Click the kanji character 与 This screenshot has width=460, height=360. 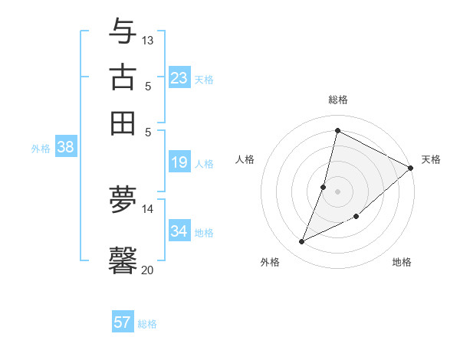pos(123,31)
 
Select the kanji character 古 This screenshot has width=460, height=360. pos(123,77)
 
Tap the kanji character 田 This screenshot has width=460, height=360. pos(123,123)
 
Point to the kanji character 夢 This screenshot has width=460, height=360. pos(123,200)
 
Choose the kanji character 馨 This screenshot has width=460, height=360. pos(123,259)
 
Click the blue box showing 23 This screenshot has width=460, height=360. pos(179,78)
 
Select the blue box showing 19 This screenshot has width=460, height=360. pos(179,162)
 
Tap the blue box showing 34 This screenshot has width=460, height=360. pos(179,231)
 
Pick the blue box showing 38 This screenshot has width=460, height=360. pos(65,148)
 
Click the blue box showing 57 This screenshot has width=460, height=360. pos(123,322)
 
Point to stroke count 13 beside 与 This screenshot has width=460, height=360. pos(148,39)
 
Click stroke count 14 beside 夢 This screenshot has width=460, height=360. pos(148,208)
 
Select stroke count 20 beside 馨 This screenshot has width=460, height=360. pos(148,270)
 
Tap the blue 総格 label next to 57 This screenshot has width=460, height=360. pos(147,324)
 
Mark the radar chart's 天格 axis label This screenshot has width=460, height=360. pos(431,159)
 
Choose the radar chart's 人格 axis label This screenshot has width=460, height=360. pos(245,159)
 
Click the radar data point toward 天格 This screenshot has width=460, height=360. pos(410,168)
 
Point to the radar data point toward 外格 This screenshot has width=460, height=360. pos(302,242)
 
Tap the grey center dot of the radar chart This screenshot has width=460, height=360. pos(337,191)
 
